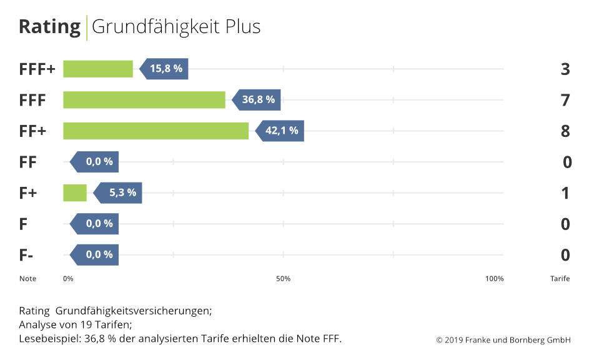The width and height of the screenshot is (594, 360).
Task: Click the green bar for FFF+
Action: tap(98, 69)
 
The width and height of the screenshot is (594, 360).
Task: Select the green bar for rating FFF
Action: tap(144, 100)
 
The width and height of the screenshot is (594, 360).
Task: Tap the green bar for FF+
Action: tap(156, 131)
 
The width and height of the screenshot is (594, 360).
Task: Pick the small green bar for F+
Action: tap(75, 192)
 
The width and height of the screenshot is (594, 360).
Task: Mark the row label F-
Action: tap(26, 255)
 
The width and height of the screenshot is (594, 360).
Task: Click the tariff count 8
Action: tap(565, 131)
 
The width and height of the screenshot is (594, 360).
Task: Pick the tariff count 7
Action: tap(565, 100)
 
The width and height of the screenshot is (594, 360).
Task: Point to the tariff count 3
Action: tap(565, 69)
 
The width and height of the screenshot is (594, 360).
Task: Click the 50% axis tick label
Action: tap(283, 279)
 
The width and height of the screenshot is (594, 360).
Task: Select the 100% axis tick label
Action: tap(494, 279)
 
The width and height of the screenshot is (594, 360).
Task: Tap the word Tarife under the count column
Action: tap(555, 279)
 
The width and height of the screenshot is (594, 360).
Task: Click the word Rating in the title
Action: tap(49, 27)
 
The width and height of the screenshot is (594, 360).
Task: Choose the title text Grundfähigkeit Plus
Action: tap(176, 27)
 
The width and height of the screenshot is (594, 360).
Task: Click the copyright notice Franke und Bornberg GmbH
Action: tap(503, 340)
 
